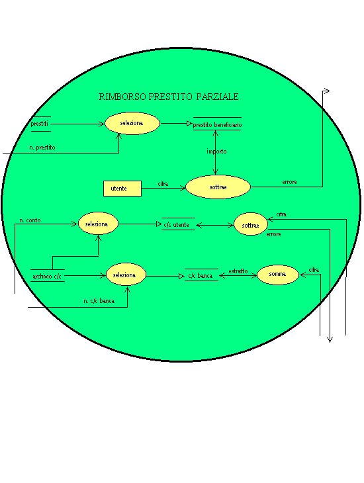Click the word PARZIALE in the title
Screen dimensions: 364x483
(x=217, y=97)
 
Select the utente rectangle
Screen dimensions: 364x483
(x=122, y=189)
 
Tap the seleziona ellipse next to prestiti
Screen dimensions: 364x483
(x=132, y=123)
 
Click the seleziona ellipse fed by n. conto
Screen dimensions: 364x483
(x=98, y=224)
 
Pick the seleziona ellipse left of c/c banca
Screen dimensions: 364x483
(x=126, y=275)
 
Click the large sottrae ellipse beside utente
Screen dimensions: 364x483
(x=218, y=187)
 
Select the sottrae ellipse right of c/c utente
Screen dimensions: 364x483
(x=251, y=224)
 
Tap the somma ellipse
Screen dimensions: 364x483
(x=278, y=274)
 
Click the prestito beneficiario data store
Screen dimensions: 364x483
(x=217, y=124)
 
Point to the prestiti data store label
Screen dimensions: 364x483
(x=40, y=124)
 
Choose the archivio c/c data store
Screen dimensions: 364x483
(x=47, y=276)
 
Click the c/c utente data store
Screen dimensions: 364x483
(x=177, y=224)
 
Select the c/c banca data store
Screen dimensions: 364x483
(x=201, y=275)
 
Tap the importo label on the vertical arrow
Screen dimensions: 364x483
(x=216, y=152)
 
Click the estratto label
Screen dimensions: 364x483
(x=238, y=271)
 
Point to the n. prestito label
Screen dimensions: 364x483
(x=42, y=148)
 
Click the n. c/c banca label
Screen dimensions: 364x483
(x=99, y=301)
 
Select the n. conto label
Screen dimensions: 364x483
(x=30, y=220)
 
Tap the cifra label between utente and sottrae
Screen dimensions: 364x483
(x=163, y=184)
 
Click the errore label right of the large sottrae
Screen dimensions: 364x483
(x=289, y=182)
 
